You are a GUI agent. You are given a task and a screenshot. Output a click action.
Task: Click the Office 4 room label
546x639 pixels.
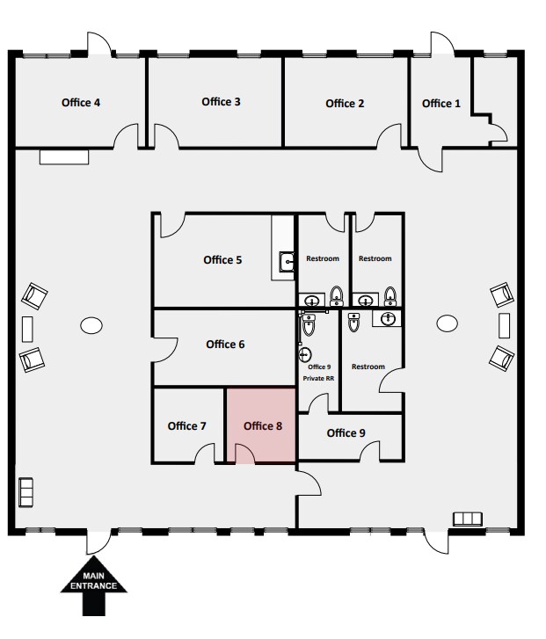pyautogui.click(x=81, y=103)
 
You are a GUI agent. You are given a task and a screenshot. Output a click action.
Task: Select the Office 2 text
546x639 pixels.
pyautogui.click(x=345, y=104)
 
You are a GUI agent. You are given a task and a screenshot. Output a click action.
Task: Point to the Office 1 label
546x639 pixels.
pyautogui.click(x=440, y=104)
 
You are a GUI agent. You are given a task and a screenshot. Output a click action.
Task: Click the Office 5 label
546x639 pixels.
pyautogui.click(x=222, y=260)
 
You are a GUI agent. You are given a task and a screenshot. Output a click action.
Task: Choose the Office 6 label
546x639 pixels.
pyautogui.click(x=225, y=345)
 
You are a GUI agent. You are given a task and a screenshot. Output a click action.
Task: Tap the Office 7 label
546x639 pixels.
pyautogui.click(x=186, y=426)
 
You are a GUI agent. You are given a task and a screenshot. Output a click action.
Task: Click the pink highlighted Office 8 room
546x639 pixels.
pyautogui.click(x=262, y=425)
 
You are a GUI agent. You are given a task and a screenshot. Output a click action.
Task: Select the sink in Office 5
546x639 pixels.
pyautogui.click(x=287, y=261)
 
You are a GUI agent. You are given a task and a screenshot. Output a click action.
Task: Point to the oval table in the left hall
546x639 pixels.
pyautogui.click(x=91, y=326)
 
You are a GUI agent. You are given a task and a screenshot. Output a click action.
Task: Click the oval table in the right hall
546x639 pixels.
pyautogui.click(x=448, y=324)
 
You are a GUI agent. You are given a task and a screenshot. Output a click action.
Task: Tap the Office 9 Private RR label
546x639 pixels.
pyautogui.click(x=318, y=373)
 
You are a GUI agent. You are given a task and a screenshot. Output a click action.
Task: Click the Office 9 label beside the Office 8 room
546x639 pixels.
pyautogui.click(x=346, y=433)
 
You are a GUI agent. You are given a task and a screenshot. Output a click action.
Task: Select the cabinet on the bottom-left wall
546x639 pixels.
pyautogui.click(x=26, y=491)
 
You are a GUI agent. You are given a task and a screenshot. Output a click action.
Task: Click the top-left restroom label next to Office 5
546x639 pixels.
pyautogui.click(x=323, y=259)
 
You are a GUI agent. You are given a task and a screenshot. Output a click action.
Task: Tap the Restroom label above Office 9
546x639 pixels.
pyautogui.click(x=368, y=367)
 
